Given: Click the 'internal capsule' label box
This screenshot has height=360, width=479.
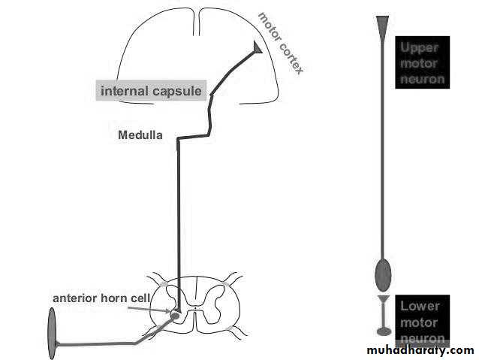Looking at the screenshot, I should click(152, 91).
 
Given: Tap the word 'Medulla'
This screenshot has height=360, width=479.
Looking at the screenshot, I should click(140, 136).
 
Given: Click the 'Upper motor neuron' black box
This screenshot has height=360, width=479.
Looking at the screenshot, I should click(422, 62).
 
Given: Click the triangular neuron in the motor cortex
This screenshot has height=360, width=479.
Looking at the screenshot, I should click(258, 48).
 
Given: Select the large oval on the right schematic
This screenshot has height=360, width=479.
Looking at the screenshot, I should click(383, 274).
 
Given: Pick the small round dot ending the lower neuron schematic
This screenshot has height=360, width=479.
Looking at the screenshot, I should click(384, 330).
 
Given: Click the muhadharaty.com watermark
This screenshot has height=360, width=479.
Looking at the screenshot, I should click(420, 350).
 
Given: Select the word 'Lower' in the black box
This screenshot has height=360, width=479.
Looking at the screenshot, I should click(420, 306).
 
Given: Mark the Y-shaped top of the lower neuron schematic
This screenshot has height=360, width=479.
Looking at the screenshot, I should click(384, 301).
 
